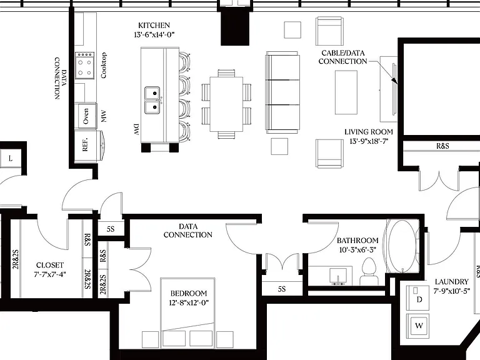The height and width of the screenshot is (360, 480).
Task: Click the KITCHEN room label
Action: pyautogui.click(x=154, y=25)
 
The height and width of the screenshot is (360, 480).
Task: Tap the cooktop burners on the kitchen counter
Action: pyautogui.click(x=85, y=65)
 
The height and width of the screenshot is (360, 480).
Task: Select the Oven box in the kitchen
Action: pyautogui.click(x=86, y=116)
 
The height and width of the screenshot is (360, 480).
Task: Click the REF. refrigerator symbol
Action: pyautogui.click(x=86, y=144)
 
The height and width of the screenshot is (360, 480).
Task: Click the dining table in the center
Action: pyautogui.click(x=226, y=104)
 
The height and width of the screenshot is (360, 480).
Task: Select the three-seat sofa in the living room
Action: pyautogui.click(x=282, y=92)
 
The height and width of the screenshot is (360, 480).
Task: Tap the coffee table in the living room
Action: pyautogui.click(x=346, y=92)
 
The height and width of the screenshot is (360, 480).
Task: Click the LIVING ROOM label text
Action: pyautogui.click(x=369, y=132)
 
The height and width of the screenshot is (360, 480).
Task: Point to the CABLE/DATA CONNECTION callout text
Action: pyautogui.click(x=343, y=57)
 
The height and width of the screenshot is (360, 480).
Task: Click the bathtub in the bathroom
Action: pyautogui.click(x=402, y=246)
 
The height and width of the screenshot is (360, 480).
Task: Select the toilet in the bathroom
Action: pyautogui.click(x=369, y=271)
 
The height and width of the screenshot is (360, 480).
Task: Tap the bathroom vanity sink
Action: pyautogui.click(x=338, y=276)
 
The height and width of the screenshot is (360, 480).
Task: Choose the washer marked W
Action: pyautogui.click(x=418, y=326)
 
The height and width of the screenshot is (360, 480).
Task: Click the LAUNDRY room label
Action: pyautogui.click(x=451, y=282)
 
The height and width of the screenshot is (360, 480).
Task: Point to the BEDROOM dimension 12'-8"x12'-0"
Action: pyautogui.click(x=189, y=302)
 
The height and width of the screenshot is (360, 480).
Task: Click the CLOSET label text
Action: pyautogui.click(x=50, y=265)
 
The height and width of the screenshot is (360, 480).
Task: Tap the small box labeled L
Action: pyautogui.click(x=11, y=158)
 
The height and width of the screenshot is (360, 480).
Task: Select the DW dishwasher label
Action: pyautogui.click(x=136, y=129)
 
